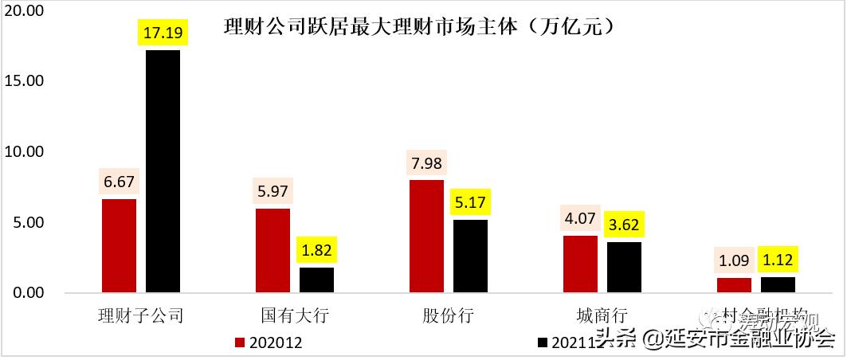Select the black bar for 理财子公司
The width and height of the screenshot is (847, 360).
click(163, 171)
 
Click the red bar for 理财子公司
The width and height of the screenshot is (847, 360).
click(119, 245)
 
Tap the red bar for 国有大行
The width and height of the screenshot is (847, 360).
click(273, 250)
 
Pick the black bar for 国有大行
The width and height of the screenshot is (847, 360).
click(316, 280)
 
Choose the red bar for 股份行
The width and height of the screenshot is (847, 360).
click(426, 236)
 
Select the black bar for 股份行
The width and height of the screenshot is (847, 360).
click(470, 256)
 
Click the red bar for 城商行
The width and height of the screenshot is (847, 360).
click(580, 264)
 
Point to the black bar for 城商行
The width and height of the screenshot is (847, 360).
click(624, 267)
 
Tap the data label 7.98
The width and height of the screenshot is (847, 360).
click(426, 164)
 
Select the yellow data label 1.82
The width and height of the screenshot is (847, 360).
click(316, 251)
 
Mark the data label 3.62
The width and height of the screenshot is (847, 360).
click(624, 225)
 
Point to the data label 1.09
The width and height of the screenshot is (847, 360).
click(734, 260)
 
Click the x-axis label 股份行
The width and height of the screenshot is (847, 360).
click(448, 315)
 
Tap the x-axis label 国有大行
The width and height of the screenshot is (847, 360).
click(294, 315)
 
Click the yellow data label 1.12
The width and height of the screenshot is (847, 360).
click(778, 260)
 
